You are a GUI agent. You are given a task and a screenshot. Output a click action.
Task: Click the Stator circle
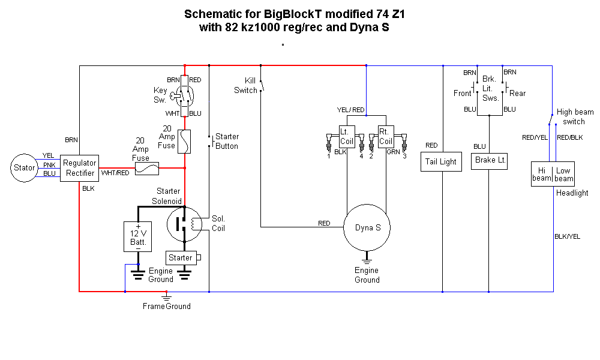click(x=25, y=168)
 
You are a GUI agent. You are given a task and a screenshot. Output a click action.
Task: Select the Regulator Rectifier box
click(x=79, y=168)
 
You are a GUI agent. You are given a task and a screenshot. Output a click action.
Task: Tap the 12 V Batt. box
click(x=138, y=237)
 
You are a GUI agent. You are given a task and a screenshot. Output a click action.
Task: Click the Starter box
click(x=181, y=258)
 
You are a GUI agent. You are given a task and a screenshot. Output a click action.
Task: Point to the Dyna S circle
click(x=367, y=228)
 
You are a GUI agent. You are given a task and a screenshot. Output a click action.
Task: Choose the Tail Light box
click(x=441, y=162)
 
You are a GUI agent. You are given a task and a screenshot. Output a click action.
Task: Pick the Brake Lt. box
click(x=490, y=160)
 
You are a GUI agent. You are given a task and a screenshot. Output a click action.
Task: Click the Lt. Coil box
click(x=347, y=137)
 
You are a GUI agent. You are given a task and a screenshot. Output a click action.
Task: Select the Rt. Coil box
click(x=385, y=137)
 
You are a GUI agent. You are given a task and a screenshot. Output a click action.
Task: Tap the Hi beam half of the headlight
click(x=542, y=175)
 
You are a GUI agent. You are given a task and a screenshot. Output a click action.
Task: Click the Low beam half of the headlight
click(x=564, y=175)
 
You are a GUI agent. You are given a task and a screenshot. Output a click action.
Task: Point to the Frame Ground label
click(x=167, y=307)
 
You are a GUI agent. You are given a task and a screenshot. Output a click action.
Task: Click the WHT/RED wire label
click(x=115, y=173)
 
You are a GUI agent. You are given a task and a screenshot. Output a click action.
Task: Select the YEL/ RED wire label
click(x=350, y=110)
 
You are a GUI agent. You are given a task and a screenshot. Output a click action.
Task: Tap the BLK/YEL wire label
click(x=567, y=236)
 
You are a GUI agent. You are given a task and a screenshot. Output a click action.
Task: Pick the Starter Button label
click(x=227, y=142)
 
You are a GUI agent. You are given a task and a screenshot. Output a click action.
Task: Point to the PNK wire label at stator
click(x=49, y=165)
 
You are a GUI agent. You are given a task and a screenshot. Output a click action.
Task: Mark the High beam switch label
click(x=574, y=116)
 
